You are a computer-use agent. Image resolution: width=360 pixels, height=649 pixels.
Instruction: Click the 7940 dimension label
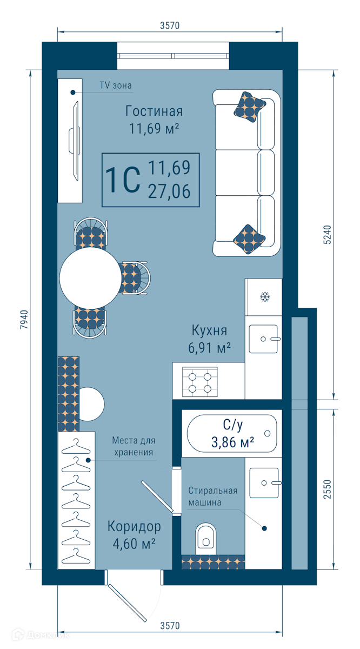(24, 319)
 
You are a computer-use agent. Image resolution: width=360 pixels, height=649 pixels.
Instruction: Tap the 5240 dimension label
(327, 235)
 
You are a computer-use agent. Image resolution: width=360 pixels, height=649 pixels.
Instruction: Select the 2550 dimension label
(327, 489)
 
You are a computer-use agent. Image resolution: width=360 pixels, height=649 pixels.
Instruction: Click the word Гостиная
(154, 111)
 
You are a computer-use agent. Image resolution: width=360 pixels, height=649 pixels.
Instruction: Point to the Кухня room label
(209, 330)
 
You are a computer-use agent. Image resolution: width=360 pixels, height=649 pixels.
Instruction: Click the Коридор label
(134, 526)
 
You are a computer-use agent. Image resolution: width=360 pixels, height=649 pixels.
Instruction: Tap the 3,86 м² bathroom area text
(232, 442)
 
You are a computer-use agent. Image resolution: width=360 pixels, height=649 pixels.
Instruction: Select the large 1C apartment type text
(123, 180)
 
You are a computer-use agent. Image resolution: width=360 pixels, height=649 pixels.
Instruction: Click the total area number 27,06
(169, 191)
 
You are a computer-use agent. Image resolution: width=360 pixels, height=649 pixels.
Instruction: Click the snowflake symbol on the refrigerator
(265, 297)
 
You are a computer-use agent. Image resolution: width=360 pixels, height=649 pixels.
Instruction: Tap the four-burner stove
(200, 382)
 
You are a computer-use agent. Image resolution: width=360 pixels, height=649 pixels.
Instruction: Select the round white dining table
(91, 278)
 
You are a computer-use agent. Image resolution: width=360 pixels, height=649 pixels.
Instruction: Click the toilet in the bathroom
(206, 539)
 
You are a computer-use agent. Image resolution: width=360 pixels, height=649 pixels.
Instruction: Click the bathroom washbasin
(265, 482)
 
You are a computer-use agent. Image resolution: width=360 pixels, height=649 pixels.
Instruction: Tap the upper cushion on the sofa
(249, 107)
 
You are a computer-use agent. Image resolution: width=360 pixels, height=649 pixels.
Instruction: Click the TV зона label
(116, 85)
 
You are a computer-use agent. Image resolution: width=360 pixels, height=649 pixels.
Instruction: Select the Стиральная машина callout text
(212, 496)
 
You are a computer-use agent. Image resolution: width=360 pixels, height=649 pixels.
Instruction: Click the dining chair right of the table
(135, 278)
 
